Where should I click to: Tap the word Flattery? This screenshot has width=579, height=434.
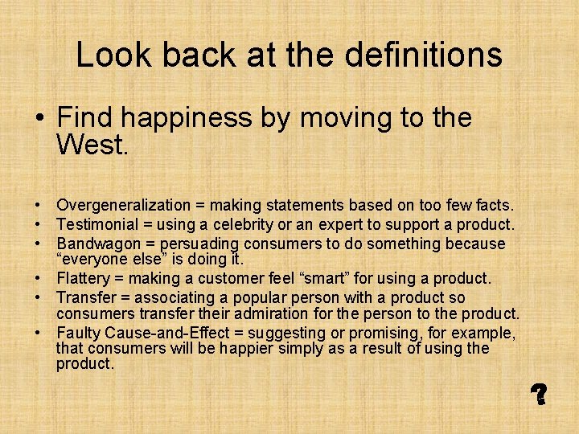point(83,278)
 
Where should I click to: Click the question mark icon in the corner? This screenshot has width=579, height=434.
point(539,393)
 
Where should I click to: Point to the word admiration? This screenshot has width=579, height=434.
point(306,313)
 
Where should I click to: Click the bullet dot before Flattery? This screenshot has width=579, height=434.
point(39,279)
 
